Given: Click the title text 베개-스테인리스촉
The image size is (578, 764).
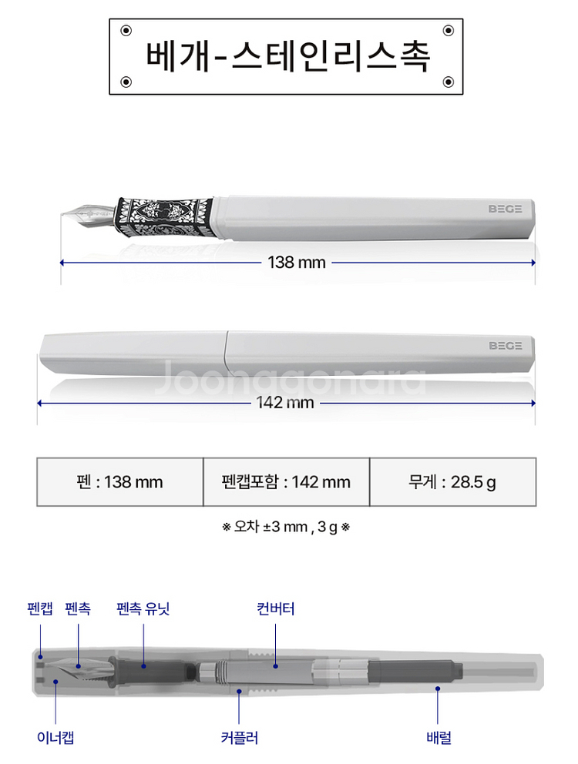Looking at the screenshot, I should click(x=287, y=55).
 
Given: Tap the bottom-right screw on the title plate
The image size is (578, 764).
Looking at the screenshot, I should click(x=448, y=81).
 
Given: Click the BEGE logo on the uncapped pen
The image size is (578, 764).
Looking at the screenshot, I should click(x=505, y=208).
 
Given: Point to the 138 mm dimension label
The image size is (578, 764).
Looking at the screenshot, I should click(x=297, y=263).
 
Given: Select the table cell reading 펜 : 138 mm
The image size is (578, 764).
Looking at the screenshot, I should click(x=120, y=482).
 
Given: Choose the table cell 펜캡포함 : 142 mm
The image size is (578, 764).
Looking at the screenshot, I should click(x=286, y=482).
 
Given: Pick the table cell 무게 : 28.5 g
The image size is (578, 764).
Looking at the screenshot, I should click(x=452, y=482).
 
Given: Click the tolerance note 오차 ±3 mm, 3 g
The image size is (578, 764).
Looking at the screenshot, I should click(x=286, y=528).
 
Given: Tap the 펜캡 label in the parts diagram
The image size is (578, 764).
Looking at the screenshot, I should click(x=40, y=609).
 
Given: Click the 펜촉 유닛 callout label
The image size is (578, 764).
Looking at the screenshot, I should click(x=143, y=609).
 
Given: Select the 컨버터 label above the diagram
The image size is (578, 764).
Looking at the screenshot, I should click(x=275, y=609).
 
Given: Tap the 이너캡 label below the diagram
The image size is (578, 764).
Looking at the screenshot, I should click(x=55, y=737).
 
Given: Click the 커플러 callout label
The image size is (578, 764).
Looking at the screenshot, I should click(x=239, y=737).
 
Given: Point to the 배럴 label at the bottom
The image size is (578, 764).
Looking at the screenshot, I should click(x=439, y=737).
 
